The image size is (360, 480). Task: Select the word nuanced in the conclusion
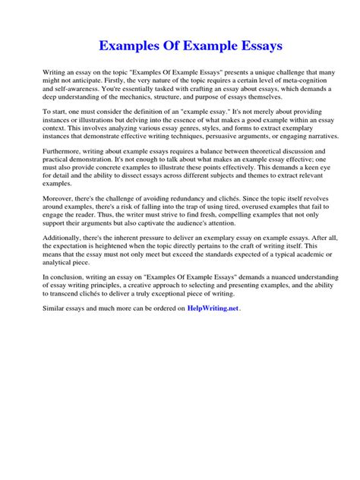coord(266,272)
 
